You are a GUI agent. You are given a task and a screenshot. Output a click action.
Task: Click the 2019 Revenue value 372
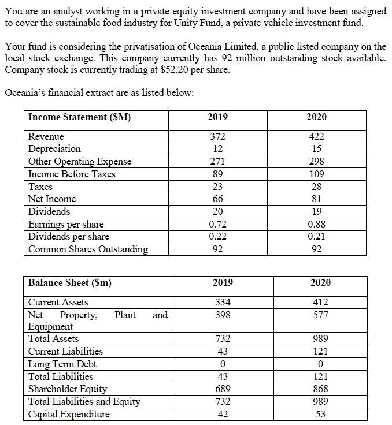point(217,136)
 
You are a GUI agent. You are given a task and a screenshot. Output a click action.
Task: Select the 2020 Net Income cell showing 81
point(316,199)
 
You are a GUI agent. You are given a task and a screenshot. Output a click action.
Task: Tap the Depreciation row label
point(54,149)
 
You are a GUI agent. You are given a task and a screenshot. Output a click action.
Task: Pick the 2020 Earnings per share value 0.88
point(316,224)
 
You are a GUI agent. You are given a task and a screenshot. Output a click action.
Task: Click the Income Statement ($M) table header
point(80,117)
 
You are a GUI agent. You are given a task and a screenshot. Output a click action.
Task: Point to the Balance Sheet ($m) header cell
point(70,282)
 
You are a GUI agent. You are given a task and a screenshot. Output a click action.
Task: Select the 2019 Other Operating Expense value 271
point(217,162)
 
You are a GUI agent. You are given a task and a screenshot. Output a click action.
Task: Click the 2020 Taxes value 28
point(316,187)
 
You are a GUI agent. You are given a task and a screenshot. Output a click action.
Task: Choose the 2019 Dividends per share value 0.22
point(217,237)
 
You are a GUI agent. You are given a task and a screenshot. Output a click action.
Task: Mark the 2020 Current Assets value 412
point(320,302)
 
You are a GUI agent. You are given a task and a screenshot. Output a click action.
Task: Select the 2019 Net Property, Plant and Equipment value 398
point(223,315)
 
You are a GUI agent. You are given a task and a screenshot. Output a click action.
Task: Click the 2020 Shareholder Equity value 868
point(320,389)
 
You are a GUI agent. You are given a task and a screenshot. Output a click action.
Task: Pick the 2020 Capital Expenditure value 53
point(320,414)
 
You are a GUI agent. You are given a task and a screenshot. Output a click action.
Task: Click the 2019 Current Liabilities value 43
point(223,351)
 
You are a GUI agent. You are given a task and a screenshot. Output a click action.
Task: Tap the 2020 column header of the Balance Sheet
point(320,282)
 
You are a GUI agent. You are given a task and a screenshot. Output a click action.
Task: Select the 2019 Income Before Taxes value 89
point(217,174)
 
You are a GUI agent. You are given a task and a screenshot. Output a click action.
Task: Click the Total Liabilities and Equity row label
point(84,401)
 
